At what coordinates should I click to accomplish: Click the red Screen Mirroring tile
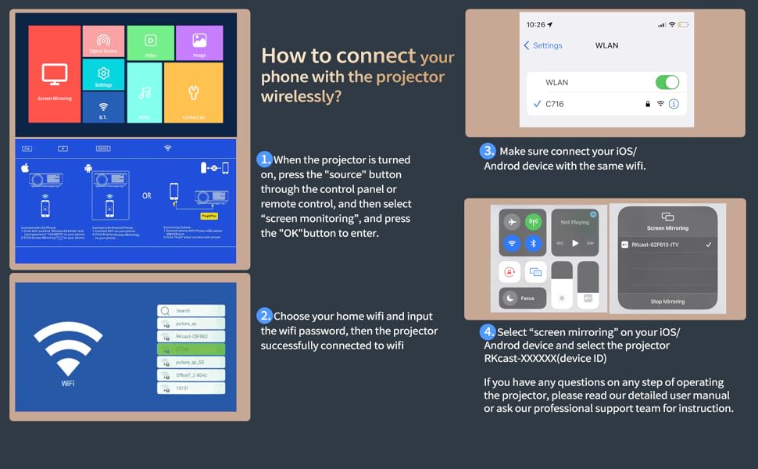pos(54,74)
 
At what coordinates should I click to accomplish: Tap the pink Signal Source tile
pos(103,41)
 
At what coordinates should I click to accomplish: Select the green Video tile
pos(150,43)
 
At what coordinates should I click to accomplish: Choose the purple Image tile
pos(199,43)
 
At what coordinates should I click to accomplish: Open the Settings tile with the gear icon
pos(103,75)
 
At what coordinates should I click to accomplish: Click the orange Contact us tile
pos(193,92)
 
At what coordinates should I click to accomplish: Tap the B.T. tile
pos(103,108)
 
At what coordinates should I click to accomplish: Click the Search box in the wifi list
pos(191,310)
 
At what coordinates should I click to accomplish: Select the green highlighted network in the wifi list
pos(191,349)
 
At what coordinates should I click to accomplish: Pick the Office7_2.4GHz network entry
pos(191,375)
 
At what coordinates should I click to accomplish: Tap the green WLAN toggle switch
pos(667,82)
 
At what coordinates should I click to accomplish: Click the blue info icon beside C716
pos(674,104)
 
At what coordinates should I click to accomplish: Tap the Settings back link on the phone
pos(543,45)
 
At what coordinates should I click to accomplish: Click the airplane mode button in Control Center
pos(512,222)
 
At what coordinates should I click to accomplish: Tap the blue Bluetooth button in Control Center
pos(534,243)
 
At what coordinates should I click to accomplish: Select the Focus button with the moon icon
pos(522,298)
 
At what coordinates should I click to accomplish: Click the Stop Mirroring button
pos(667,301)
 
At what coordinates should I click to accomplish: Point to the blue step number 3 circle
pos(488,151)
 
